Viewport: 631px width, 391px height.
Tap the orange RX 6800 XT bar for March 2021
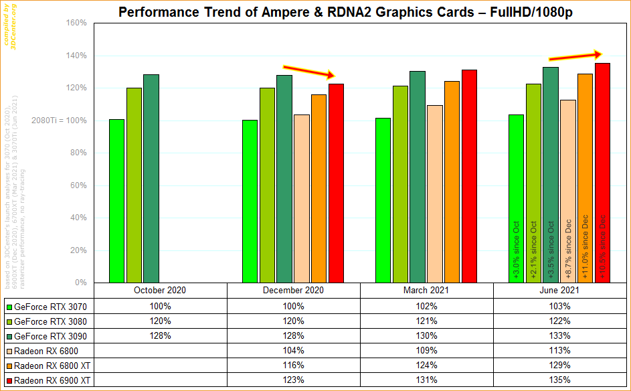[x=452, y=181]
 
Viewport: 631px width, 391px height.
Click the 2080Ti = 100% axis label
[x=59, y=121]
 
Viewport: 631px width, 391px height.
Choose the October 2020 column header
[x=160, y=291]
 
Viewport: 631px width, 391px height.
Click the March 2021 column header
[x=426, y=291]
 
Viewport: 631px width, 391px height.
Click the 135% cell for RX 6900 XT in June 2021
[x=560, y=380]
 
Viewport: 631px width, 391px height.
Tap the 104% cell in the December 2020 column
[x=293, y=351]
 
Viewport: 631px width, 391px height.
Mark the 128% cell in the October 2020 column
[x=160, y=336]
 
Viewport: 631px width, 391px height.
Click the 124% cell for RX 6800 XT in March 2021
[x=426, y=366]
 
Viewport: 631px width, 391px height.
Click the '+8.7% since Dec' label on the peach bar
[x=568, y=248]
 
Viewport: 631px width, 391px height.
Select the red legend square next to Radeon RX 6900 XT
[x=9, y=381]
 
